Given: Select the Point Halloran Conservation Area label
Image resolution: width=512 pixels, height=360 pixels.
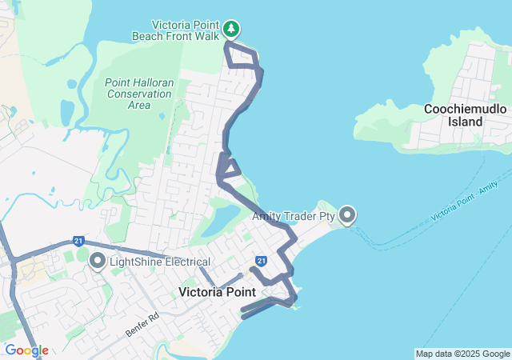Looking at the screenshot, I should click(x=138, y=94).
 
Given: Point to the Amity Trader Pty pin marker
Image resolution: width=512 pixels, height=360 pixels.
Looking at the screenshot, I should click(x=347, y=215).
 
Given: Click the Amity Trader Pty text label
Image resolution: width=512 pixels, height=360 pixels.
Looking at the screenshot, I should click(x=293, y=216).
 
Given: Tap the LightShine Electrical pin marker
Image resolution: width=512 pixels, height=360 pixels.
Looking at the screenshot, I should click(x=98, y=261).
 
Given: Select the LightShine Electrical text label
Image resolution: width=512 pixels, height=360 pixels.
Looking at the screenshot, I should click(x=159, y=262).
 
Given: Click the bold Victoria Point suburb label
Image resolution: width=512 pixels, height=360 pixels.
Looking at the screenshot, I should click(x=217, y=292).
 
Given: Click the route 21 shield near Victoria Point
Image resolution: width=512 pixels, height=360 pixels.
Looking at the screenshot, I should click(x=261, y=261).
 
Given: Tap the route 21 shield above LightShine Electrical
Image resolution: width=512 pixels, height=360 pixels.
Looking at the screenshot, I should click(x=78, y=241).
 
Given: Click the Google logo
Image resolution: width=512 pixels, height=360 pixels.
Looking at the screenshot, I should click(x=26, y=350).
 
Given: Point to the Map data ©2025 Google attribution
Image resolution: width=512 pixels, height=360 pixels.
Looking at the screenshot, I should click(x=462, y=354).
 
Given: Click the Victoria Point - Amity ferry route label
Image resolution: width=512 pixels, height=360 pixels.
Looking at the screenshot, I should click(x=464, y=202).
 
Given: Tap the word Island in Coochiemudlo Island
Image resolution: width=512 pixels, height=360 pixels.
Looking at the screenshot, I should click(x=465, y=122).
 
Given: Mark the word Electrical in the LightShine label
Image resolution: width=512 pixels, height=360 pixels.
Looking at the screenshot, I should click(x=185, y=262).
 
